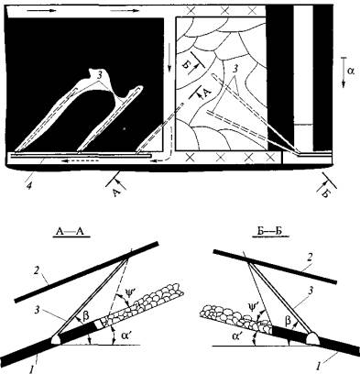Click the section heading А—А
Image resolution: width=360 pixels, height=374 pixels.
pos(71,233)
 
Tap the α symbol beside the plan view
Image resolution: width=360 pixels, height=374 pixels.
pos(351,71)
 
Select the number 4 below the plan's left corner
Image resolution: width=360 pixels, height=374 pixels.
pos(28,185)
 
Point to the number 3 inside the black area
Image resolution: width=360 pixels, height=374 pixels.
pos(100,76)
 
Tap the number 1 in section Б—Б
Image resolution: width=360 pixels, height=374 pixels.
pos(319,366)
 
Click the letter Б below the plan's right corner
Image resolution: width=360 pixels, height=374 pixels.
pos(326,192)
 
